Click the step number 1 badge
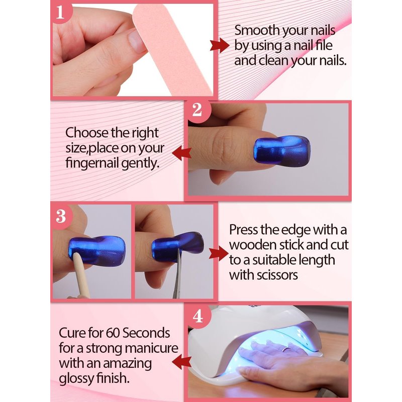61,12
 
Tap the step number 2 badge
197,110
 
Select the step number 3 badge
61,216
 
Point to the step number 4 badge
198,316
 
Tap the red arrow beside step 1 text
220,46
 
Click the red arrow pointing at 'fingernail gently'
182,154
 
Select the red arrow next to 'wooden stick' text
219,254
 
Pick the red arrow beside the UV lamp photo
182,362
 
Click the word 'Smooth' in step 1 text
257,30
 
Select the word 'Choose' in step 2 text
86,133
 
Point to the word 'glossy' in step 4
76,379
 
